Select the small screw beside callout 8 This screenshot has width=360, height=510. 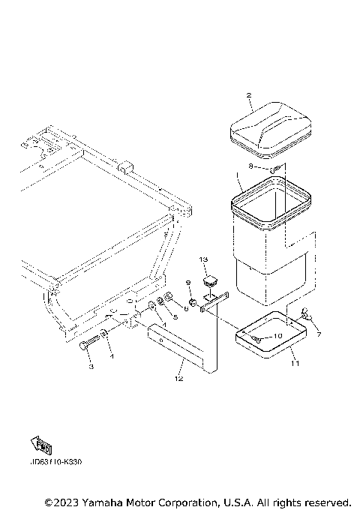pos(276,167)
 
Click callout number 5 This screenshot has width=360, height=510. pos(175,317)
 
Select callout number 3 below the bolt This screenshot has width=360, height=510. pos(91,367)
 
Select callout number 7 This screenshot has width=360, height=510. pos(318,334)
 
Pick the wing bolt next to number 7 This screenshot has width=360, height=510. pos(307,313)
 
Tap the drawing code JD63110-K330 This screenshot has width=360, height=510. pos(56,462)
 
